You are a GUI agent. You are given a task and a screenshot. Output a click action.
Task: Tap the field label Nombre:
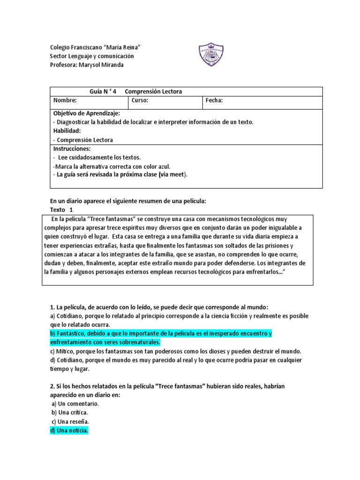pos(65,100)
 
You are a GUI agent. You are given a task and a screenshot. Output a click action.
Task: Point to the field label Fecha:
pos(214,100)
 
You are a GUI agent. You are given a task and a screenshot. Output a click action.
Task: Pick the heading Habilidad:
pos(67,131)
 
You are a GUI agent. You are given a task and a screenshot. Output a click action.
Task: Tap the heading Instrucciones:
pos(72,148)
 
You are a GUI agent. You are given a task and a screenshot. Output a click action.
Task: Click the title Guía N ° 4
pos(103,91)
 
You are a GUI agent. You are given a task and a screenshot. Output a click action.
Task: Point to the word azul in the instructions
pos(163,166)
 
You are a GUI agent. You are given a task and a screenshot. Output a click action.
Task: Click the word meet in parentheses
pos(177,175)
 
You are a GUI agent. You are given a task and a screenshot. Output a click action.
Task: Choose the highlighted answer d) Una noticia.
pos(69,430)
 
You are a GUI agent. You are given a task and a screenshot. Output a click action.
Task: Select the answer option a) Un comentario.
pos(75,404)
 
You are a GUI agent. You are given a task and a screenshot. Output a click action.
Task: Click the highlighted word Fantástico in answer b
pos(70,333)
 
